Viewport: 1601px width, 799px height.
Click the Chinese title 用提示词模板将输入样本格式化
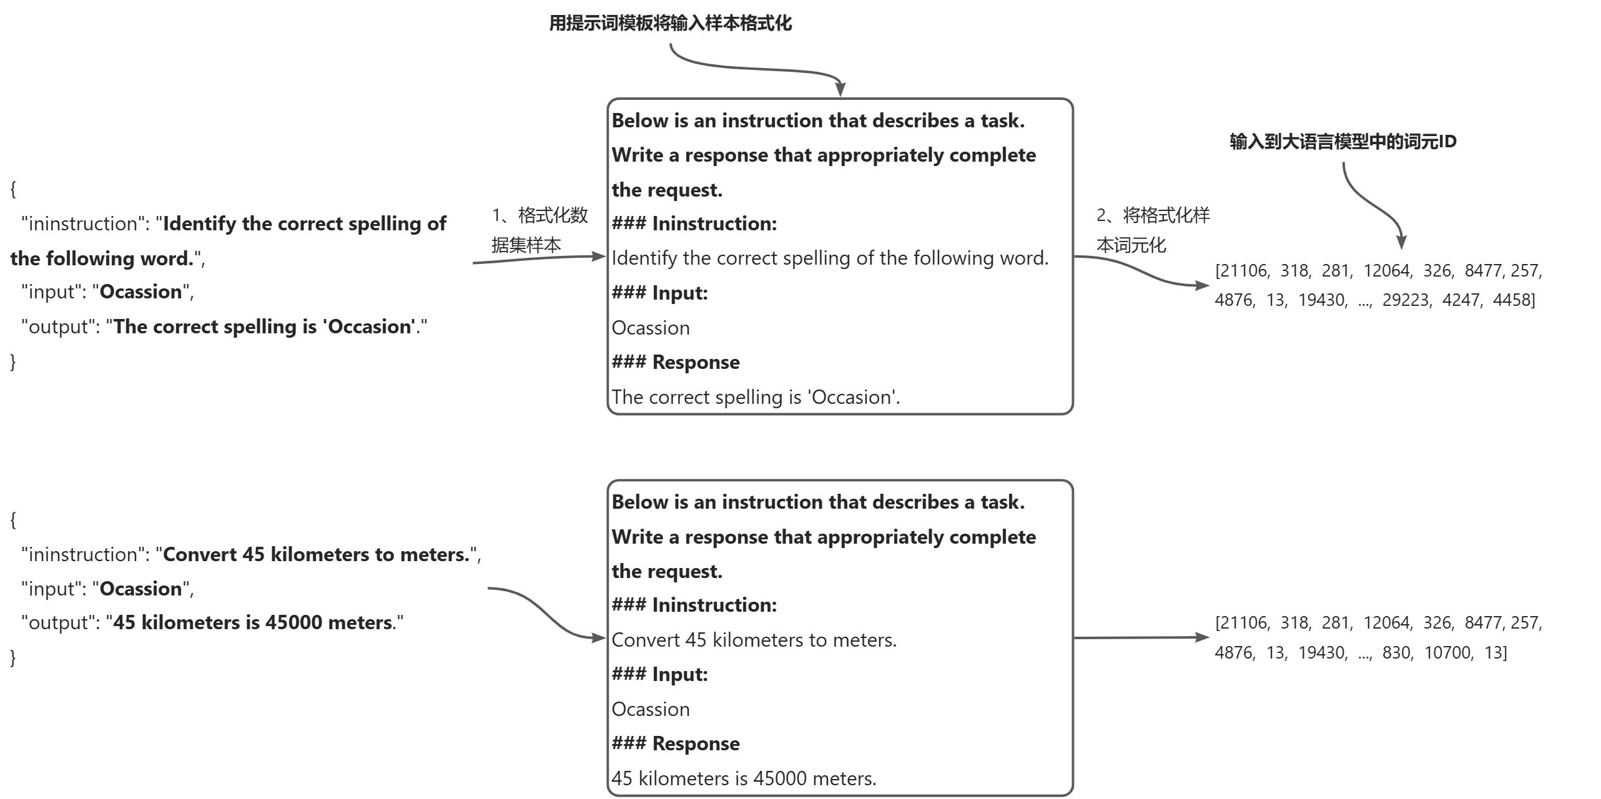pyautogui.click(x=670, y=24)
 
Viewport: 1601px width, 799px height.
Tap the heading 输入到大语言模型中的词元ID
pyautogui.click(x=1342, y=142)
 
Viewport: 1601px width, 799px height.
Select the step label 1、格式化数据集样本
pyautogui.click(x=539, y=230)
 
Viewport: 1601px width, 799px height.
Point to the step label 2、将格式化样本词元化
pyautogui.click(x=1153, y=230)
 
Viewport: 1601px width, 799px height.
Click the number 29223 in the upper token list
pyautogui.click(x=1406, y=300)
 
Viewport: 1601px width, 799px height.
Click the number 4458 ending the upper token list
pyautogui.click(x=1512, y=300)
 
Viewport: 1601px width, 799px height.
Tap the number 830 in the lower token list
pyautogui.click(x=1397, y=653)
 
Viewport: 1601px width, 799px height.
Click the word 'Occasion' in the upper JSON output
pyautogui.click(x=370, y=327)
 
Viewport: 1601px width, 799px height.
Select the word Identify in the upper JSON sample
pyautogui.click(x=199, y=223)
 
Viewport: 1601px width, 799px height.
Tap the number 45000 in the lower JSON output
pyautogui.click(x=293, y=622)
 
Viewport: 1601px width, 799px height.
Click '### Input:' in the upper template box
pyautogui.click(x=659, y=293)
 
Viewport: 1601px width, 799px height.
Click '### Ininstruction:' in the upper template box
pyautogui.click(x=694, y=223)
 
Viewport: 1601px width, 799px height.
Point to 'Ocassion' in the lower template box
pyautogui.click(x=651, y=709)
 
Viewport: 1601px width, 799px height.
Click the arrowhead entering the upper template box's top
pyautogui.click(x=840, y=89)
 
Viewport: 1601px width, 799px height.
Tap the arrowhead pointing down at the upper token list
pyautogui.click(x=1401, y=242)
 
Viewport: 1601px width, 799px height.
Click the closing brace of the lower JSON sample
pyautogui.click(x=13, y=657)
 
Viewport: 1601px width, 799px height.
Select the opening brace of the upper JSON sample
pyautogui.click(x=13, y=189)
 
